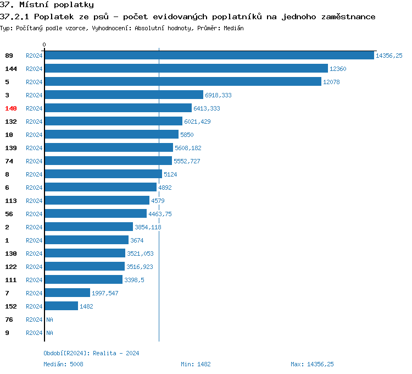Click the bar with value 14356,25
[209, 56]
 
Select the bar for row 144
[186, 69]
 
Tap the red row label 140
[11, 108]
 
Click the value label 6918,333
[218, 95]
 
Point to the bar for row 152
[61, 306]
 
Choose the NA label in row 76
[49, 320]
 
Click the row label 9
[7, 333]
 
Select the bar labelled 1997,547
[67, 293]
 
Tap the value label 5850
[187, 135]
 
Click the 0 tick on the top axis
[44, 45]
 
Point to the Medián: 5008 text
[63, 364]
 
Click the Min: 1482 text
[196, 364]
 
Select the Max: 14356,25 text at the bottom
[312, 364]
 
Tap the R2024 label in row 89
[34, 56]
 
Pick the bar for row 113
[97, 201]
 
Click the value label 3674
[137, 240]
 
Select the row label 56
[9, 214]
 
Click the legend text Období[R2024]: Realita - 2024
[91, 353]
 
